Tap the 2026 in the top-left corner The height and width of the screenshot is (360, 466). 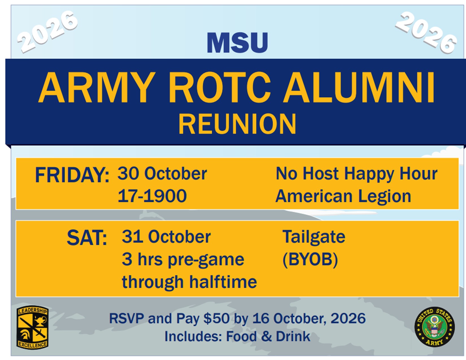(x=47, y=32)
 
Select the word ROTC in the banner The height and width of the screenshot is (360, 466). (x=220, y=88)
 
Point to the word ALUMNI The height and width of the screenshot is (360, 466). (x=359, y=88)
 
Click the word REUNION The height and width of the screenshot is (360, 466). (x=237, y=124)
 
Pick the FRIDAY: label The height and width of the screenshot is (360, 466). (x=72, y=175)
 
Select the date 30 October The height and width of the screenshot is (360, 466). (x=162, y=173)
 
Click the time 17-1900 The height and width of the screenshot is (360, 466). (x=152, y=196)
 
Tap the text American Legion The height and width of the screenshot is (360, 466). (x=343, y=196)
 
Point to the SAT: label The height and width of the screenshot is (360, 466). (x=87, y=238)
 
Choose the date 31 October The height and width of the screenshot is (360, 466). (x=166, y=237)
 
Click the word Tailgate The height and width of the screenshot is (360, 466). (x=314, y=237)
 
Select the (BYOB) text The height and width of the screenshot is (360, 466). (x=310, y=259)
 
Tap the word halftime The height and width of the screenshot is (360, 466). (x=223, y=282)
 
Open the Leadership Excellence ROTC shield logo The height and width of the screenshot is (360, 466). (x=32, y=328)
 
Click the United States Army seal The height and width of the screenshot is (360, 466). (x=434, y=327)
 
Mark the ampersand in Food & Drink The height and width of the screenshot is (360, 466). (x=266, y=337)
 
